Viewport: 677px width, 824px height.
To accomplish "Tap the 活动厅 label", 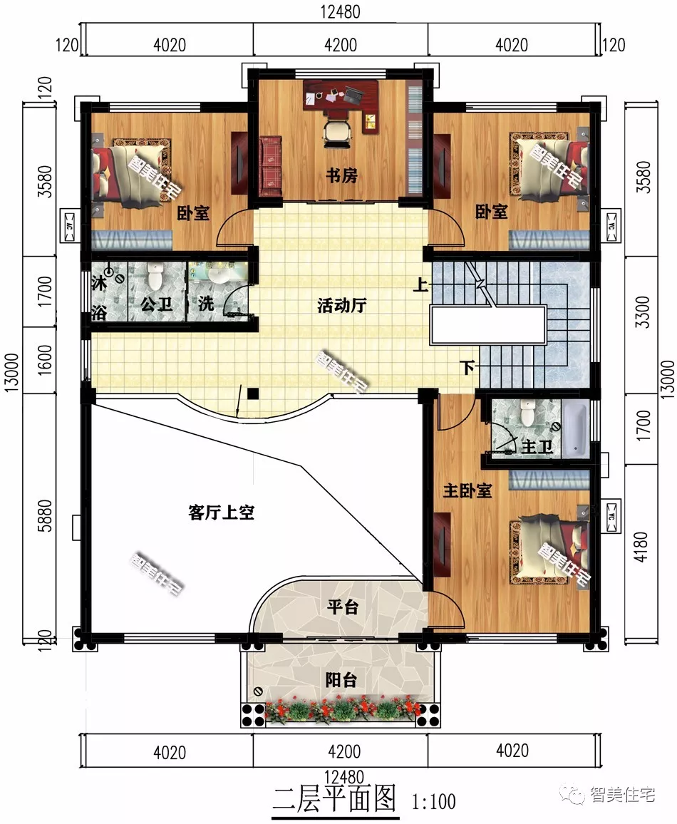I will click(341, 307).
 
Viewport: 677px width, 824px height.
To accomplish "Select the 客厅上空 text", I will click(222, 513).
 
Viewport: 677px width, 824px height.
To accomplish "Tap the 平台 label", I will click(342, 607).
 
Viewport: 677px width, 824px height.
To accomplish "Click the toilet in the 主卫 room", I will click(528, 412).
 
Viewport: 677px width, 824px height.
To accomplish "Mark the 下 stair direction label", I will click(467, 369).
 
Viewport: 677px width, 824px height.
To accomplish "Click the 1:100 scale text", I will click(433, 802).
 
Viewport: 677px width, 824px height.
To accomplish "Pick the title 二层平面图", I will click(334, 799).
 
